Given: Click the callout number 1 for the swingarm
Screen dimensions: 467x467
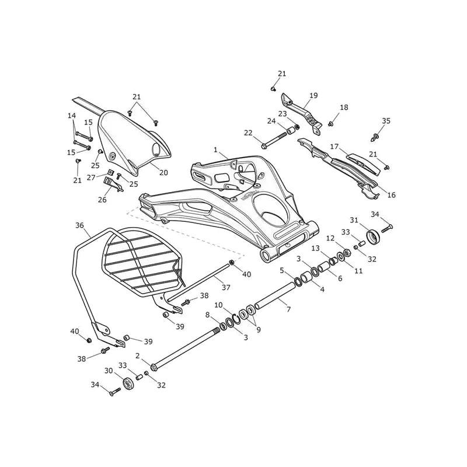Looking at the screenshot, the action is click(215, 150).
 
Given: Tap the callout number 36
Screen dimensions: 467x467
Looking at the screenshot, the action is click(79, 225).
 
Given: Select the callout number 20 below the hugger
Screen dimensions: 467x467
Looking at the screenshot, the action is click(163, 172).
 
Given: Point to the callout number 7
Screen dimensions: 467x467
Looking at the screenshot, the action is click(288, 309).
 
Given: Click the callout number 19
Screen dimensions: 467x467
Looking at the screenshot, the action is click(313, 96).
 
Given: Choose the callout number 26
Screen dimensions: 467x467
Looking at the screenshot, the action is click(102, 200).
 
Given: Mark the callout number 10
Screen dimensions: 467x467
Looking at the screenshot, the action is click(218, 305).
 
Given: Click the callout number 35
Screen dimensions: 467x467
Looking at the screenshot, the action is click(386, 121).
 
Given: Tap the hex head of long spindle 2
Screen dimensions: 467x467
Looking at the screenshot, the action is click(154, 367).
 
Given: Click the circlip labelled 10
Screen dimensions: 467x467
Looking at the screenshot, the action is click(237, 318).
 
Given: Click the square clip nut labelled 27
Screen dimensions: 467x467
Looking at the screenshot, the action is click(110, 172).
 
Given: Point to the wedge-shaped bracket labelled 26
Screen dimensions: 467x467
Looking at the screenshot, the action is click(113, 184).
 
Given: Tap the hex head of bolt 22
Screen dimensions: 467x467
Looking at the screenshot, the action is click(264, 147).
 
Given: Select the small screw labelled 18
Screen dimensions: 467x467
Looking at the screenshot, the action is click(330, 124).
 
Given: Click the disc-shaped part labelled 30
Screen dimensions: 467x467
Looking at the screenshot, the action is click(128, 384).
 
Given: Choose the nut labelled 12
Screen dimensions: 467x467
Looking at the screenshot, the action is click(347, 253).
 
